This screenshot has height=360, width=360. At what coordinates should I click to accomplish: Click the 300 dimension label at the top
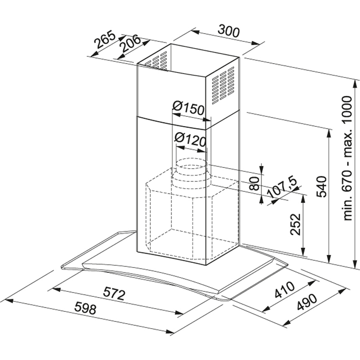point(229,32)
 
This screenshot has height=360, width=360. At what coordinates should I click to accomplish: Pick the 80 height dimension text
point(254,183)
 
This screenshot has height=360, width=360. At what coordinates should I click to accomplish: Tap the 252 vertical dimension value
point(296,224)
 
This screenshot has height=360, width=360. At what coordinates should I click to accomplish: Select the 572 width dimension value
point(115,295)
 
